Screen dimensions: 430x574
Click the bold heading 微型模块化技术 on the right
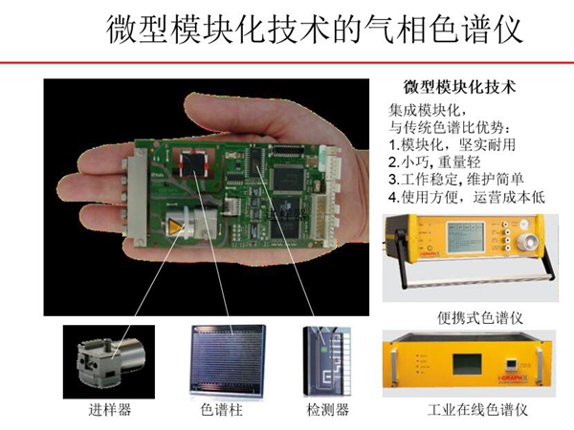(460, 86)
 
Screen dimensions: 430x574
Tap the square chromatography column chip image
(227, 359)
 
